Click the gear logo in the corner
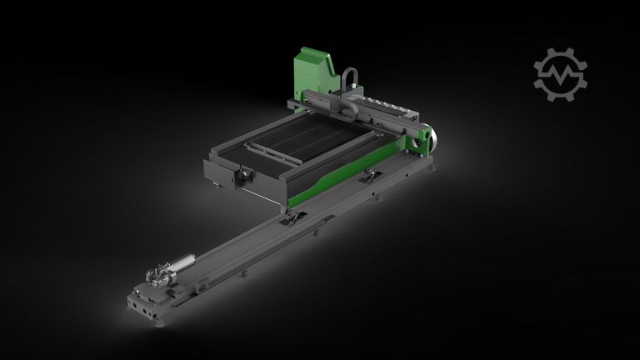pyautogui.click(x=560, y=72)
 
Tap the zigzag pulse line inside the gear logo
pyautogui.click(x=560, y=73)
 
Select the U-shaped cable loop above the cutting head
pyautogui.click(x=349, y=80)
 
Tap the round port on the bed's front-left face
pyautogui.click(x=247, y=175)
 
